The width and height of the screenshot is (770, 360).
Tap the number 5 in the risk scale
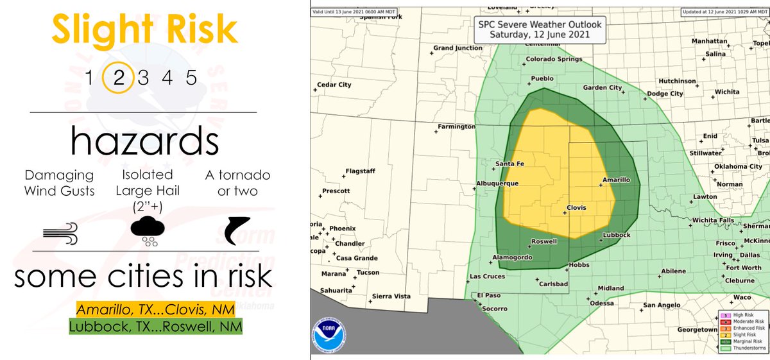pyautogui.click(x=191, y=78)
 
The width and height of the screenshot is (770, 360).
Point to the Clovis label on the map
pyautogui.click(x=577, y=208)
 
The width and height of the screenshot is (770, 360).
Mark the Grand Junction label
pyautogui.click(x=456, y=48)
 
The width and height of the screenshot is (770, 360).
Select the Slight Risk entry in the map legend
pyautogui.click(x=742, y=335)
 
